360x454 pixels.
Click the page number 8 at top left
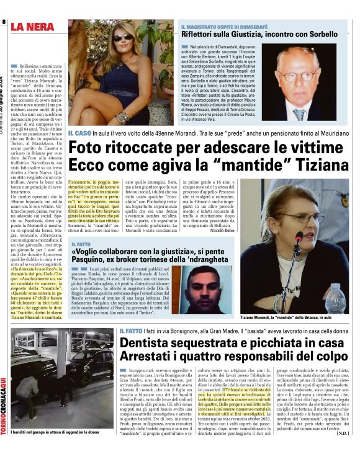[4, 23]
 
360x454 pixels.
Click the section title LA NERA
[35, 26]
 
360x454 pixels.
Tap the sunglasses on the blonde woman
[121, 38]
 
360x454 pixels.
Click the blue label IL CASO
[80, 133]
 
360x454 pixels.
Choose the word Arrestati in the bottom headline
[151, 358]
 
